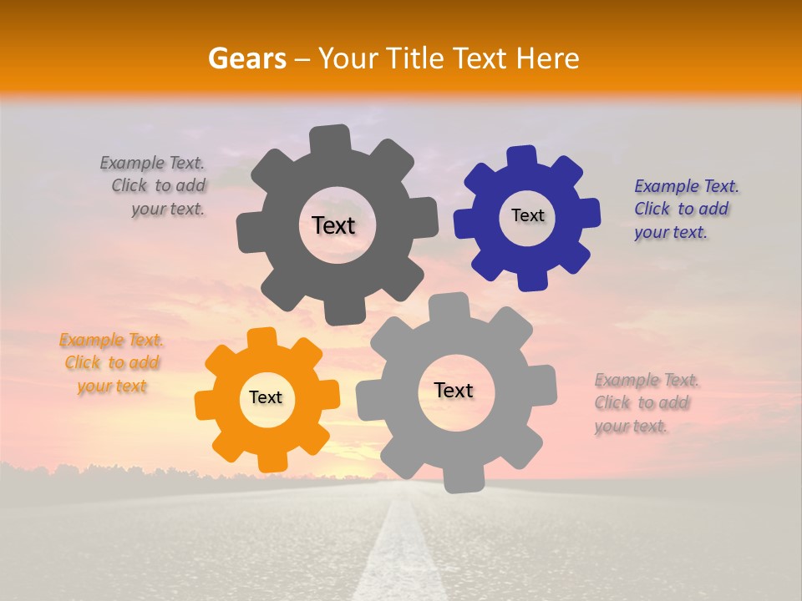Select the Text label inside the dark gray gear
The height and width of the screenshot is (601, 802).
tap(333, 225)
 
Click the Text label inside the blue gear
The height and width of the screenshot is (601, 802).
tap(527, 215)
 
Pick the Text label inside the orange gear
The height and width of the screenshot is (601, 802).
tap(266, 398)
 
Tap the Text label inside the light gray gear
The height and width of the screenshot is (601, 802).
tap(454, 391)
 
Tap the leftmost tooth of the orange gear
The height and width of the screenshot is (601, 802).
tap(206, 404)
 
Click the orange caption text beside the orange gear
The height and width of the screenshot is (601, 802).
tap(112, 363)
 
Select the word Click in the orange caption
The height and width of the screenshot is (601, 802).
tap(82, 363)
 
